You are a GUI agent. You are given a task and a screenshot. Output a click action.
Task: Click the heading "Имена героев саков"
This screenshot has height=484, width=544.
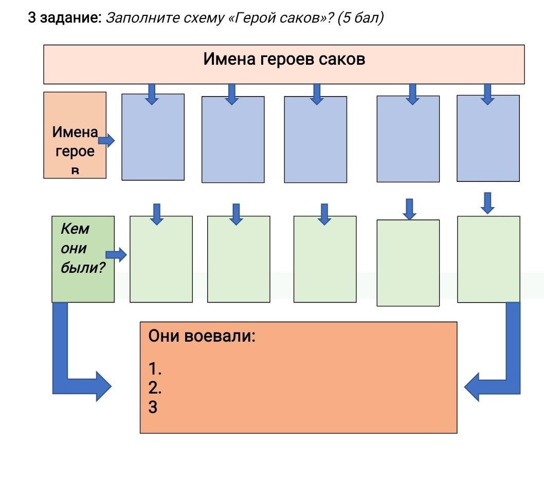point(284,59)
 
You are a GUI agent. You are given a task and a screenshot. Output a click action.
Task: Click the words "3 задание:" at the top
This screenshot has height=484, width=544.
point(65,18)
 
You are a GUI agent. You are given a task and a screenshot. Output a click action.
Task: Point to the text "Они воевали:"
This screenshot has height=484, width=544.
point(202,337)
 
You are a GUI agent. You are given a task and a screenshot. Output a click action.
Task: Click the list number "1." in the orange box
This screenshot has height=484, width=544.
point(155,368)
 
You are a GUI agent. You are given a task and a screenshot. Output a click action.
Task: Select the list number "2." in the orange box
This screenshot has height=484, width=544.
point(155,387)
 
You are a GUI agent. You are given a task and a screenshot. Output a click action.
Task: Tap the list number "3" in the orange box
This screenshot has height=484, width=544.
point(153,407)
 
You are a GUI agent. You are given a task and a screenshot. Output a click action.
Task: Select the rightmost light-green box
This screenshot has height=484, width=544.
point(488,259)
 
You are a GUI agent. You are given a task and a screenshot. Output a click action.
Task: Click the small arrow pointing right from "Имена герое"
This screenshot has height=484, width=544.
point(106,140)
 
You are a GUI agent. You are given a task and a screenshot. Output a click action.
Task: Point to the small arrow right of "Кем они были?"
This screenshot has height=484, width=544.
point(116,255)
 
